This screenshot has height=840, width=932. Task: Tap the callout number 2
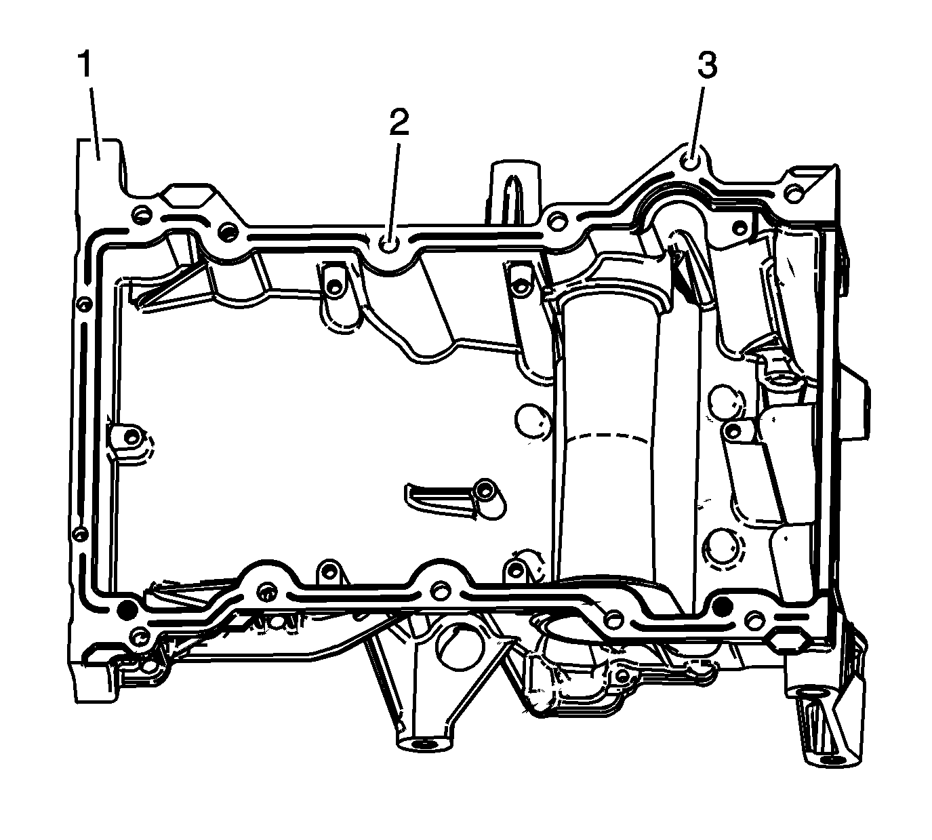399,123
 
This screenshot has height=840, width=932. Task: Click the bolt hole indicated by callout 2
388,243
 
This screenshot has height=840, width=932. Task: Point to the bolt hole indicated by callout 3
691,163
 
